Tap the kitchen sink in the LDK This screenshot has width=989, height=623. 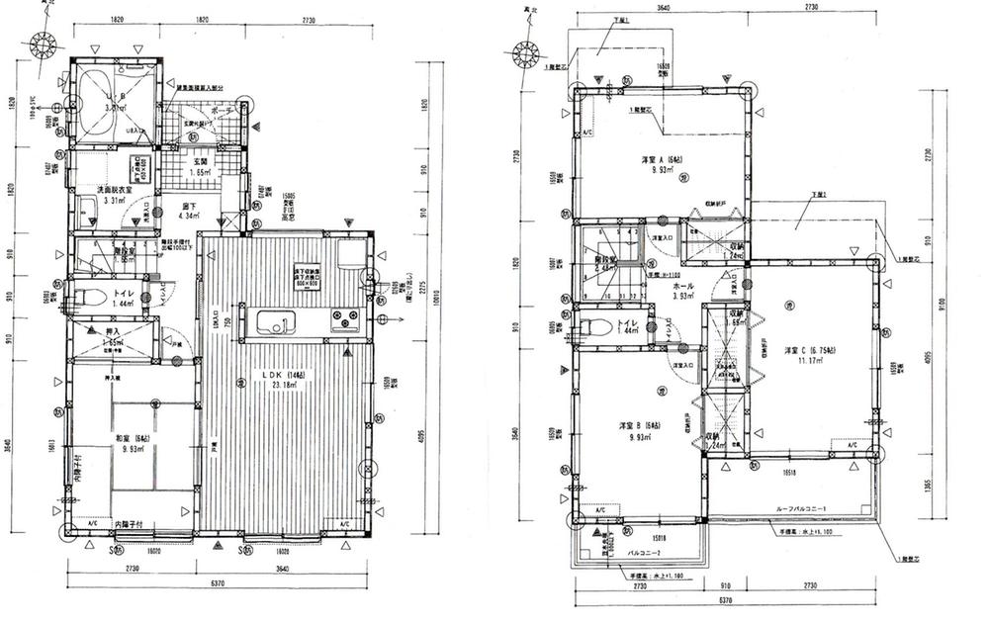pos(273,322)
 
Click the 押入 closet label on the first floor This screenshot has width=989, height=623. pos(111,333)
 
